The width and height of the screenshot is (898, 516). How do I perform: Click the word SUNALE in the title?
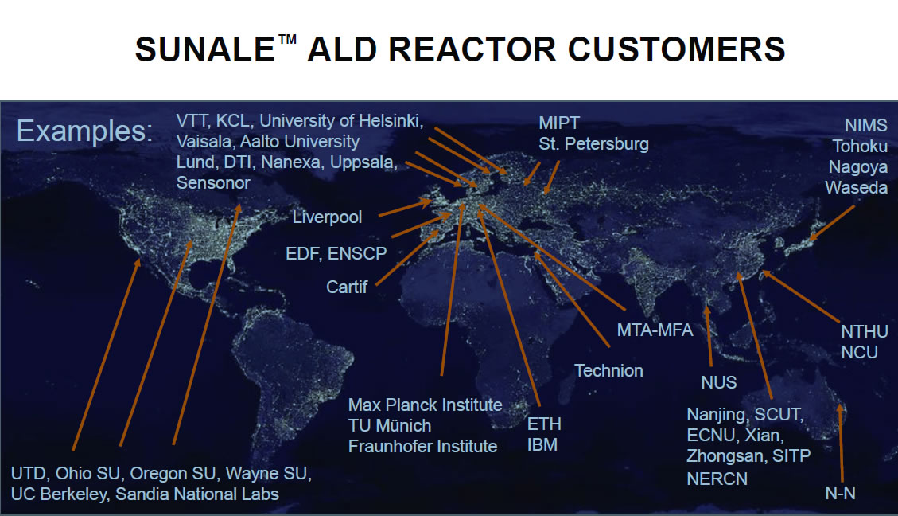pyautogui.click(x=205, y=49)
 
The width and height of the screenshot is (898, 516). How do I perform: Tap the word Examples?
pyautogui.click(x=85, y=131)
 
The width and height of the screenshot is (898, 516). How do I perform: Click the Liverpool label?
pyautogui.click(x=327, y=217)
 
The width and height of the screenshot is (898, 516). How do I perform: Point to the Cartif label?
pyautogui.click(x=347, y=287)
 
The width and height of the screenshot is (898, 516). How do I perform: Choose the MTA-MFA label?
pyautogui.click(x=655, y=330)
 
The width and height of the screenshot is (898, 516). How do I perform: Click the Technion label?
pyautogui.click(x=608, y=371)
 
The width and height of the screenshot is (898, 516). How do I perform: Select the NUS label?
pyautogui.click(x=719, y=382)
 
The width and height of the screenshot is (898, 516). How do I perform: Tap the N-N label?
pyautogui.click(x=840, y=493)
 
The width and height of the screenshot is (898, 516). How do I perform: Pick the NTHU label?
pyautogui.click(x=865, y=331)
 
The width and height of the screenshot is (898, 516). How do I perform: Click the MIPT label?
pyautogui.click(x=559, y=123)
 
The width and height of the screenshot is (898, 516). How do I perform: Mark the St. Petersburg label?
pyautogui.click(x=593, y=144)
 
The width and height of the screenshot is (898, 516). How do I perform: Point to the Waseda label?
pyautogui.click(x=856, y=187)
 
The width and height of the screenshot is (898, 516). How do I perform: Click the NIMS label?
pyautogui.click(x=866, y=126)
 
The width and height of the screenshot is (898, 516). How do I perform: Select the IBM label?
pyautogui.click(x=542, y=445)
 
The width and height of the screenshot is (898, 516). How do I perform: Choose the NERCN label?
pyautogui.click(x=717, y=479)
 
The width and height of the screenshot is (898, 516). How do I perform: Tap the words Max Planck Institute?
pyautogui.click(x=425, y=405)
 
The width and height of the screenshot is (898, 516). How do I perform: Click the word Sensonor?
pyautogui.click(x=213, y=183)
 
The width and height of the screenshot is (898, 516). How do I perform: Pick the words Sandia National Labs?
pyautogui.click(x=197, y=494)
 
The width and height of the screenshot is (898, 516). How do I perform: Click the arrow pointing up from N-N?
pyautogui.click(x=841, y=444)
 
